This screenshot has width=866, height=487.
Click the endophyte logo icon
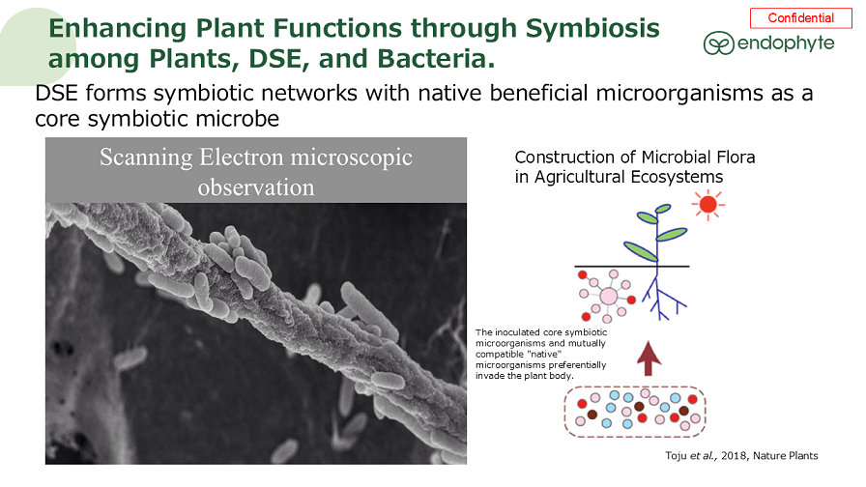click(718, 43)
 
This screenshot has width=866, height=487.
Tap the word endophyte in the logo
click(785, 43)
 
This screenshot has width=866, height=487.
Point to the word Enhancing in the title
click(125, 28)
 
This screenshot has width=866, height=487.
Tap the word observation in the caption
click(256, 187)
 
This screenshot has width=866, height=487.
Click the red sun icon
click(709, 204)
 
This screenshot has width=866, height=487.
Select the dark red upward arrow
click(649, 358)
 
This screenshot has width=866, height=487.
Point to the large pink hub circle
click(609, 296)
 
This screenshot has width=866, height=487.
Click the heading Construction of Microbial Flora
click(635, 157)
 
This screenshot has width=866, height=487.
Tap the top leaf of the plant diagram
click(662, 208)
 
